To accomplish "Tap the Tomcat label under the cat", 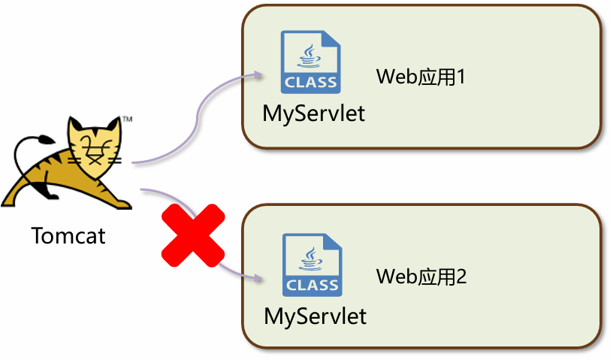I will click(68, 235).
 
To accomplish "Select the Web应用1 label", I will click(421, 77).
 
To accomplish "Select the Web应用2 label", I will click(421, 277).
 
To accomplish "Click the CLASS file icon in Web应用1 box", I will click(310, 62).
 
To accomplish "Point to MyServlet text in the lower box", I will click(316, 316).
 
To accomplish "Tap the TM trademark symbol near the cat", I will click(128, 119).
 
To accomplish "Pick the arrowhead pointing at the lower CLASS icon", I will click(260, 278).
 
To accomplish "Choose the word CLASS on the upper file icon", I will click(310, 83).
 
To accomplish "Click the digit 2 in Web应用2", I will click(461, 277).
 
